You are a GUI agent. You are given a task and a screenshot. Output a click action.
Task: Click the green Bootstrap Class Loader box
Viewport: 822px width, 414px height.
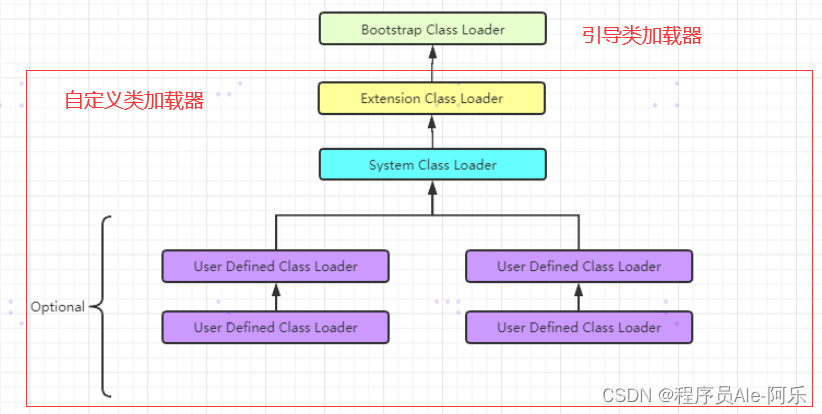432,29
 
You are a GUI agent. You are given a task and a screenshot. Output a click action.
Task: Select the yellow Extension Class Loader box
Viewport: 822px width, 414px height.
432,98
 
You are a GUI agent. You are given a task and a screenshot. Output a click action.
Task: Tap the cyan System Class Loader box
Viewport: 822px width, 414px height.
432,164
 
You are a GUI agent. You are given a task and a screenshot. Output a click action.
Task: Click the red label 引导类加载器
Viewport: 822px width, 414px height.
642,36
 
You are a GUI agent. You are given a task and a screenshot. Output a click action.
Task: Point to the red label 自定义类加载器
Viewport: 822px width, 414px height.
134,100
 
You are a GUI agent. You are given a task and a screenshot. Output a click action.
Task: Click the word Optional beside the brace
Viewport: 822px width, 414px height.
57,307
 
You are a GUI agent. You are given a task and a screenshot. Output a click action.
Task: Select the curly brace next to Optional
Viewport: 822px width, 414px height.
101,306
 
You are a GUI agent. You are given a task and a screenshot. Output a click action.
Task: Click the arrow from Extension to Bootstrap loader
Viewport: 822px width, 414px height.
432,63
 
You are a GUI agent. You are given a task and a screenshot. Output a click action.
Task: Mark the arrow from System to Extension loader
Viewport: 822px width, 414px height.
432,131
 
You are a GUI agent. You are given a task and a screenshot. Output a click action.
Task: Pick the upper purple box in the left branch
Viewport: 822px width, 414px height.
275,267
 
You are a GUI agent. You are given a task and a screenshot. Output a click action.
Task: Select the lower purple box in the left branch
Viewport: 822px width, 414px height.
275,327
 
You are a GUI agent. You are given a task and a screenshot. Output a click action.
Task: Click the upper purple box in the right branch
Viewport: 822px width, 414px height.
579,267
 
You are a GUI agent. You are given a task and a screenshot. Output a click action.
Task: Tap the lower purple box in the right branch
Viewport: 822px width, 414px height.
579,327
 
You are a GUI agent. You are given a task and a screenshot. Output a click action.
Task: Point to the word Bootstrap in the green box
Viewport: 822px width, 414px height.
391,29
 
